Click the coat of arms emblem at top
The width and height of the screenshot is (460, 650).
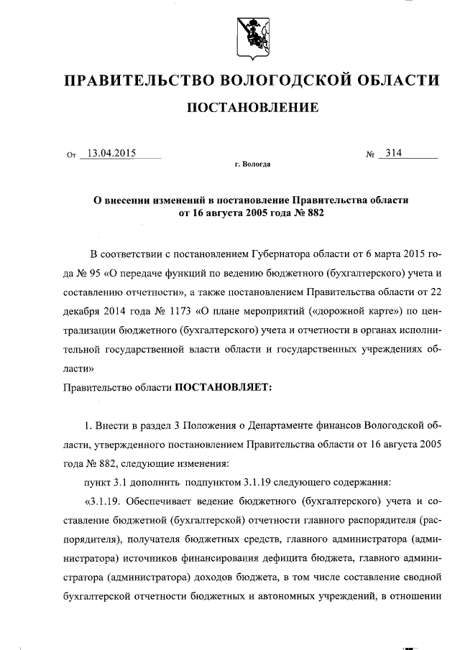click(x=253, y=36)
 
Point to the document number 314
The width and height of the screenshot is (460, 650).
click(x=393, y=153)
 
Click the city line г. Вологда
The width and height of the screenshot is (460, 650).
click(x=253, y=164)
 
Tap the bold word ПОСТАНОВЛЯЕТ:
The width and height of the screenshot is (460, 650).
click(x=219, y=387)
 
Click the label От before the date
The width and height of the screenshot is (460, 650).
click(x=70, y=154)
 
